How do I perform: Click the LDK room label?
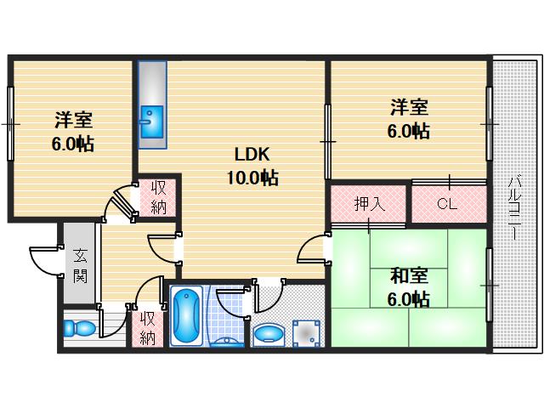point(252,154)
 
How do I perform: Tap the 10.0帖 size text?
point(252,178)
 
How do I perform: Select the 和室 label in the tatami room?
point(409,276)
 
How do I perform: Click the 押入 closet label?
point(369,204)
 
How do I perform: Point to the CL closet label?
point(447,204)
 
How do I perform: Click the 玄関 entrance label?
point(80,266)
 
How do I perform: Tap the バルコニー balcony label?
point(514,208)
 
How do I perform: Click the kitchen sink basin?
point(152,122)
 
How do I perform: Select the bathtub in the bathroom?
point(187,317)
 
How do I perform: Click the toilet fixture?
point(79,328)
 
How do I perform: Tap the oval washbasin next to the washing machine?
point(269,334)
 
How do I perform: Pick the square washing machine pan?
point(306,333)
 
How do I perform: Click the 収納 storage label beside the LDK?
point(158,198)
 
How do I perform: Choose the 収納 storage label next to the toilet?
point(147,328)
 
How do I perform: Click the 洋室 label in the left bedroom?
point(73,120)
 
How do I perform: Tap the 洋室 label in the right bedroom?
point(409,107)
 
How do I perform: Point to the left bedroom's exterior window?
point(10,123)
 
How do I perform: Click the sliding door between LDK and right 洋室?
point(327,141)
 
